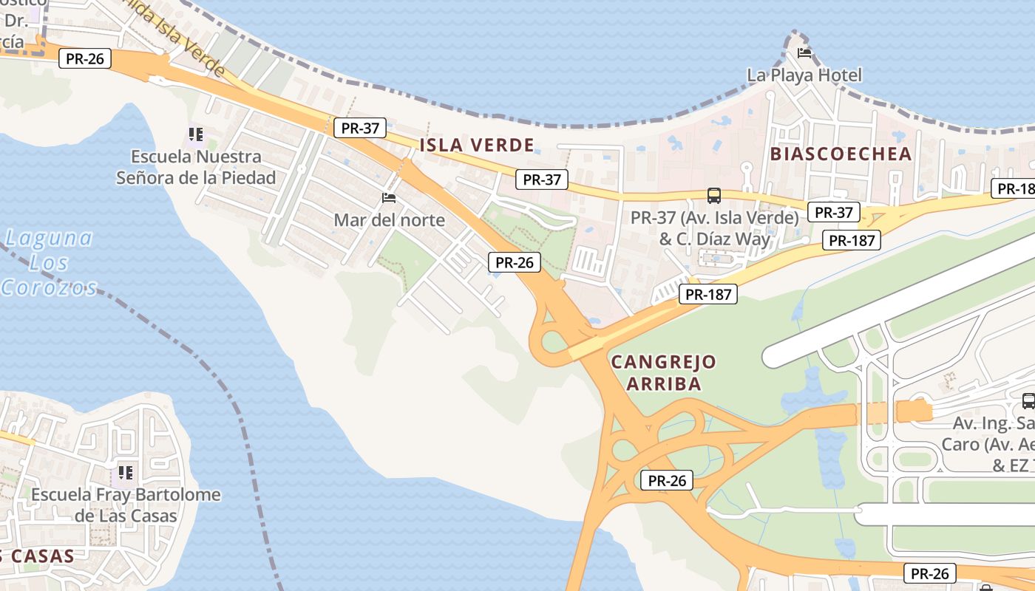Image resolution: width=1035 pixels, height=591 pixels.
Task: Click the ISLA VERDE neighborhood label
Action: [x=476, y=145]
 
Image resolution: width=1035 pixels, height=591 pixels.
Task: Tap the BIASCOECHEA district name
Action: [x=841, y=154]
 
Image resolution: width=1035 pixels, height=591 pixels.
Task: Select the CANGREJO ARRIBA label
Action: [x=664, y=372]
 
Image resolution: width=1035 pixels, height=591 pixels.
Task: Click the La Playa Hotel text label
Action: [x=804, y=75]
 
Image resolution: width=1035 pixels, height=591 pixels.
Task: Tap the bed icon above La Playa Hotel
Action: [x=804, y=53]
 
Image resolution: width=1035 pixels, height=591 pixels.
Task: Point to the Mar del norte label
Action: [x=389, y=219]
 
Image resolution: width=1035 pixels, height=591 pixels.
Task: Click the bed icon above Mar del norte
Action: [x=389, y=197]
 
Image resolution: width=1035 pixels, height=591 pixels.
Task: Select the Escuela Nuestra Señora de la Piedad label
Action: [x=196, y=167]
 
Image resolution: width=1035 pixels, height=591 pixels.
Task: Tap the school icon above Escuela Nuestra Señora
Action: [x=195, y=134]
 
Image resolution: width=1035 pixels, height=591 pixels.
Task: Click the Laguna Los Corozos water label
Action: [x=50, y=262]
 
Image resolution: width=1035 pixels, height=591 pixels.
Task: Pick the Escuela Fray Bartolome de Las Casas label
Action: [x=126, y=505]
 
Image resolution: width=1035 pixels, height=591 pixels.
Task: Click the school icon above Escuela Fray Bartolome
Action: [x=125, y=472]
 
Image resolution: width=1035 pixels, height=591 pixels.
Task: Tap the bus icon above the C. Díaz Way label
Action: [x=713, y=196]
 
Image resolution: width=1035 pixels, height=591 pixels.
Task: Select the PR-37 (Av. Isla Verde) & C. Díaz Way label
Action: [x=714, y=228]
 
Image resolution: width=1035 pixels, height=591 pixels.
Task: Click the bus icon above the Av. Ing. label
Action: [x=1028, y=401]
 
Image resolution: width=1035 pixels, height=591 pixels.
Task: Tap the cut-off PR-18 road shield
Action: [x=1014, y=188]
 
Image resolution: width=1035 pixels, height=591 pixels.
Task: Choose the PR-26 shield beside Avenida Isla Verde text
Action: [x=85, y=59]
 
